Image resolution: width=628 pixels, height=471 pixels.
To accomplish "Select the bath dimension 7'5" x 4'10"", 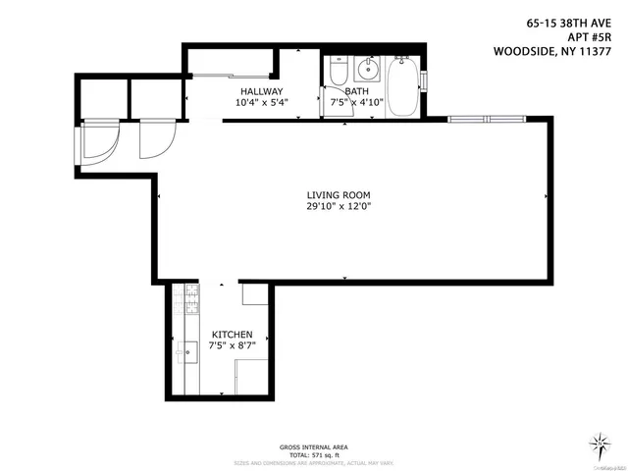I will tap(358, 102).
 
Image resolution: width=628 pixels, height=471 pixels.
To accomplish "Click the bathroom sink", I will tap(370, 70).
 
